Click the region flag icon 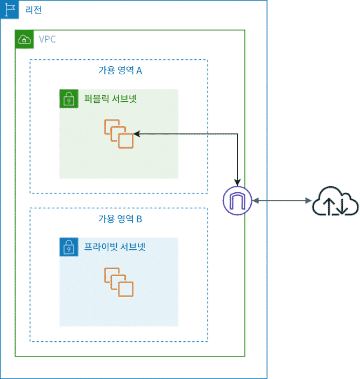10,10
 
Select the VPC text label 47,39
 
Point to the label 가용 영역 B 119,219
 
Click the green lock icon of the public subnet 69,99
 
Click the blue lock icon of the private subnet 69,248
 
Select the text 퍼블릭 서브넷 111,99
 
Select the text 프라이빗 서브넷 115,248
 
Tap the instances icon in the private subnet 118,282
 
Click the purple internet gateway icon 237,201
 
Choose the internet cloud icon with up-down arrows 336,201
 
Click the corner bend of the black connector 237,133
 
